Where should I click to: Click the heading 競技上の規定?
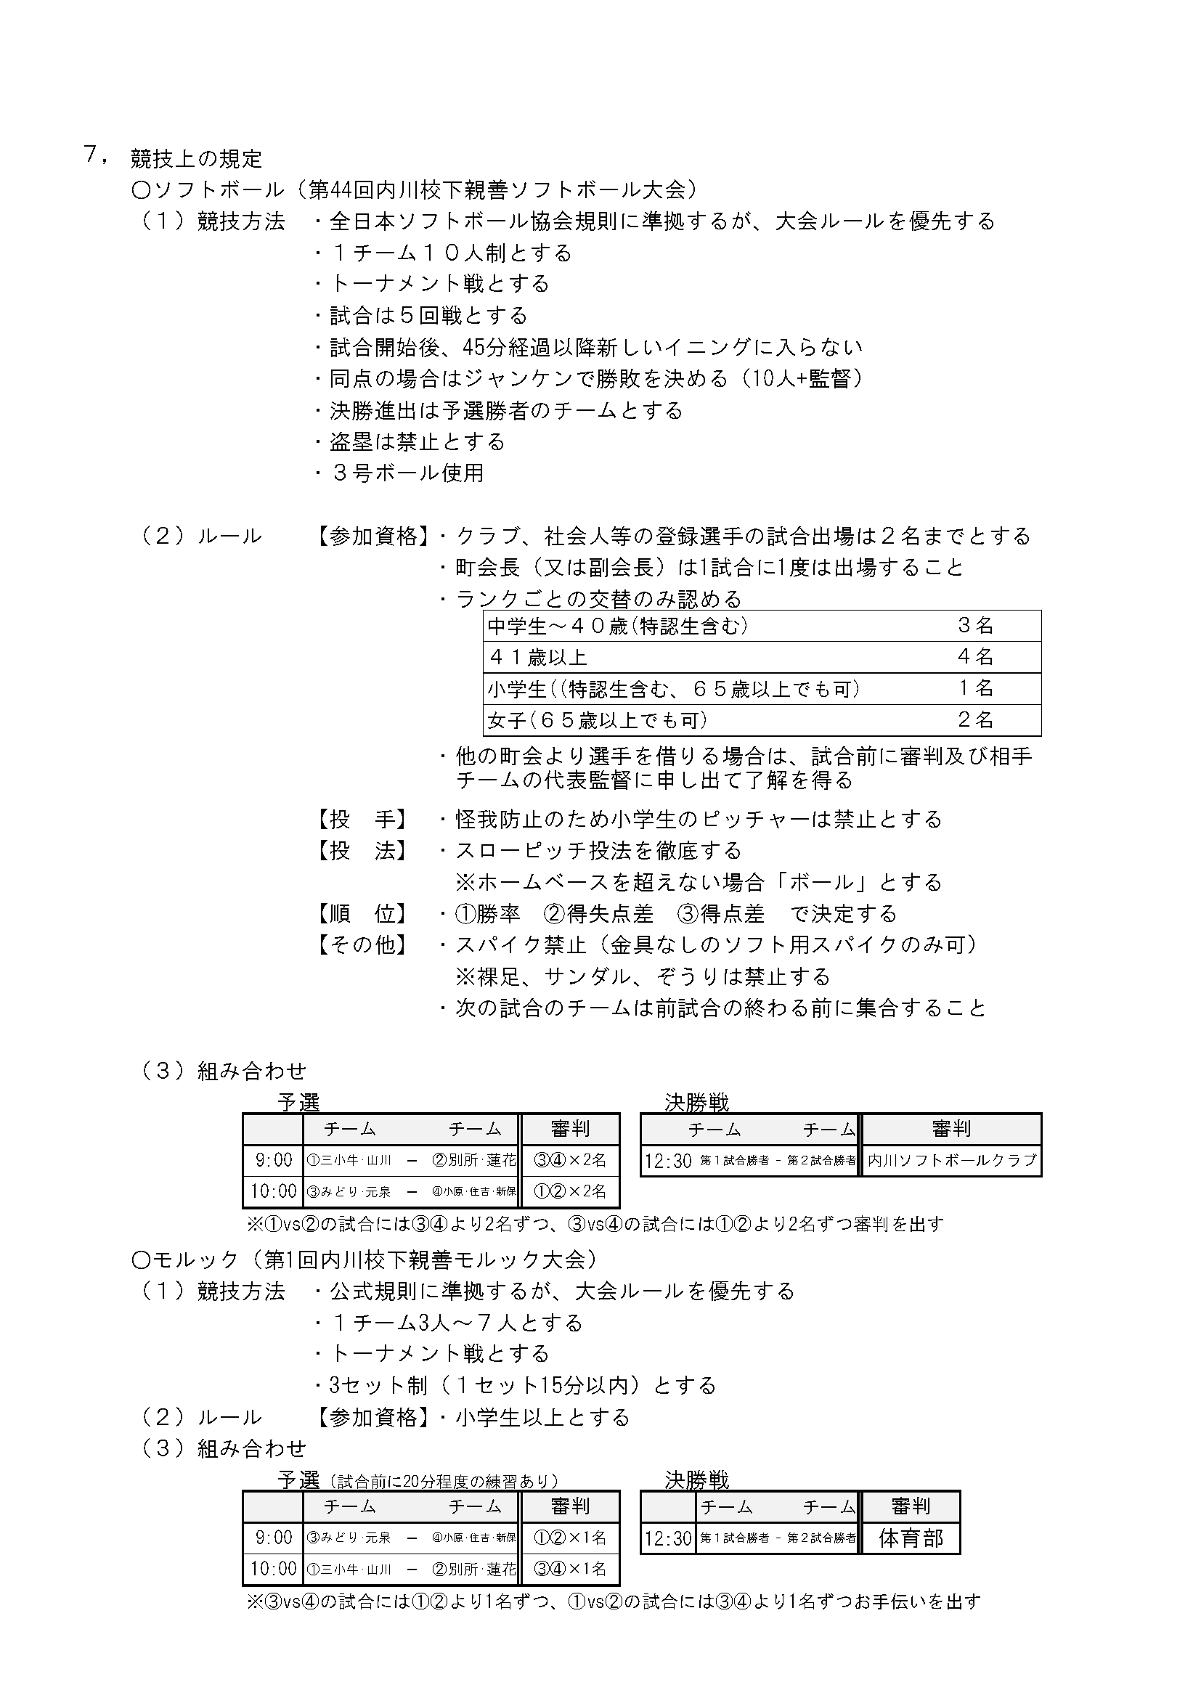click(196, 158)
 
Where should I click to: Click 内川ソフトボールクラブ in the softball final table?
click(952, 1160)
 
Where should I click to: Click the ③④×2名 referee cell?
click(570, 1160)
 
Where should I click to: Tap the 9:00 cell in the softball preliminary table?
click(274, 1160)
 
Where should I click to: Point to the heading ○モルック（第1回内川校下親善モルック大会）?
click(364, 1260)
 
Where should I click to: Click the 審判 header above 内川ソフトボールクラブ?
click(952, 1130)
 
